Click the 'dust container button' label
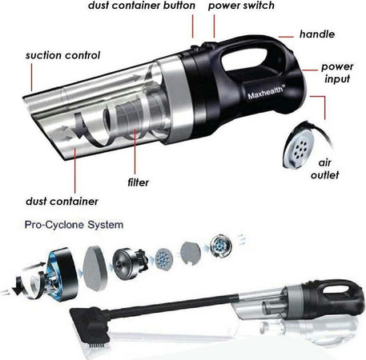(142, 6)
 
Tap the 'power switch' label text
(241, 6)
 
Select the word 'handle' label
(317, 34)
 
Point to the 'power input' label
(337, 73)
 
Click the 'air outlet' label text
(325, 169)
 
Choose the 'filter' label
(138, 182)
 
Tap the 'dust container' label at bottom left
(62, 202)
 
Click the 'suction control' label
(62, 55)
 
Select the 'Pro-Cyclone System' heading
(74, 225)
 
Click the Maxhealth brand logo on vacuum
(266, 92)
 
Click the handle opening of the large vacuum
(244, 58)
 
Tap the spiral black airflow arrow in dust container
(90, 130)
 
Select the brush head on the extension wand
(90, 326)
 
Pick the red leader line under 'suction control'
(31, 78)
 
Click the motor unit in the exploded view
(130, 264)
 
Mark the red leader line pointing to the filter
(135, 151)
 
